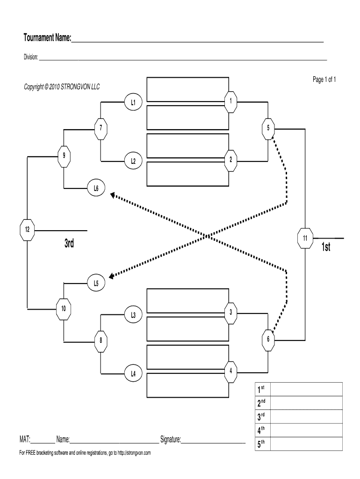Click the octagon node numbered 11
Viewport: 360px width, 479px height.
click(305, 239)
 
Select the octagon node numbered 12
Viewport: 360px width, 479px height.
click(28, 230)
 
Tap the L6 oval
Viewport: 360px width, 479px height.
click(96, 189)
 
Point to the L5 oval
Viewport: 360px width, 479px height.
click(96, 283)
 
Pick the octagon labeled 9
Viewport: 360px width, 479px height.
click(64, 156)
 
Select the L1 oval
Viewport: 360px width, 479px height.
click(133, 101)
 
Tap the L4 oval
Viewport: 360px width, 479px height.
click(133, 373)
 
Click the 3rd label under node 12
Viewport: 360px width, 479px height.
click(69, 244)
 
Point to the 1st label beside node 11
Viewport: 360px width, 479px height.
click(326, 247)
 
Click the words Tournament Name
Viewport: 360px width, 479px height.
click(47, 37)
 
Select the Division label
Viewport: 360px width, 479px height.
click(31, 58)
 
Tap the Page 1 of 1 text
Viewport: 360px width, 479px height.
click(324, 80)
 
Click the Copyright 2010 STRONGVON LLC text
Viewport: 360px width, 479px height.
click(62, 87)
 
